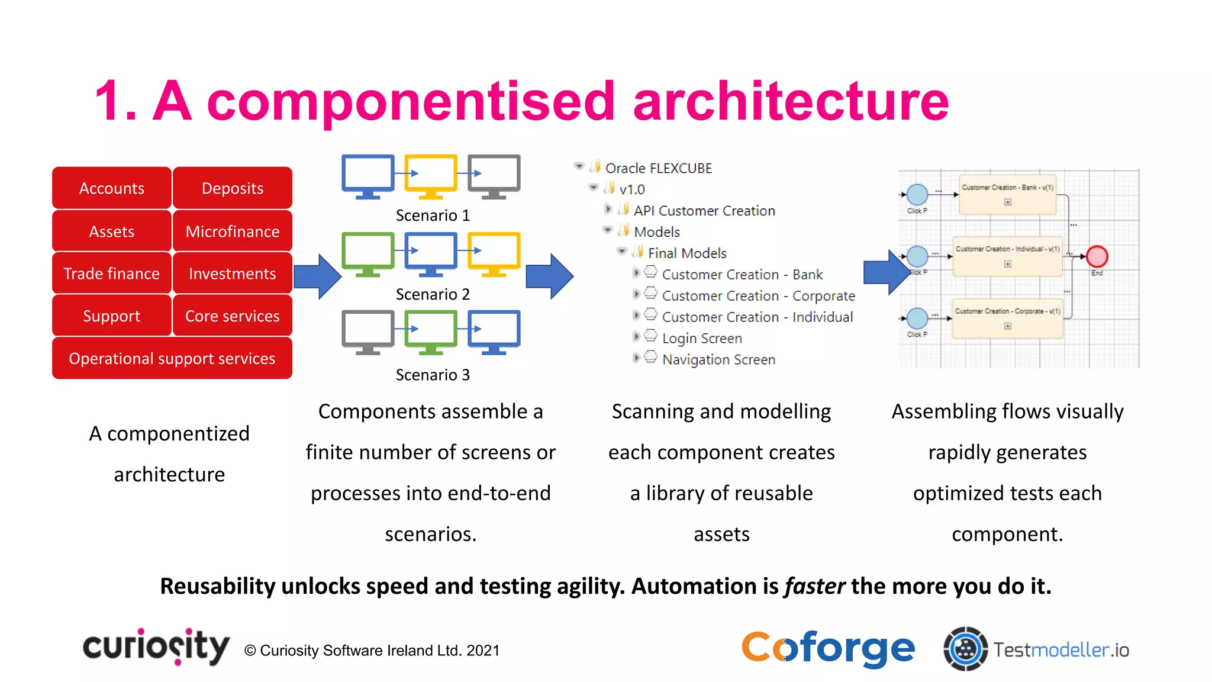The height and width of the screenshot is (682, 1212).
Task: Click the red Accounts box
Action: (112, 188)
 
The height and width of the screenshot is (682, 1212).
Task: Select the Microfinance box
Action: (233, 231)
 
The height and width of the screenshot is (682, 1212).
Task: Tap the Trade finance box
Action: (112, 274)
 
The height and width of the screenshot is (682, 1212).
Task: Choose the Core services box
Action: (233, 316)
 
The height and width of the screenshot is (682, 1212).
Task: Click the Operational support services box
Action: (172, 358)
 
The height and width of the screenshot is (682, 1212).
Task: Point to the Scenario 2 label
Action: (433, 294)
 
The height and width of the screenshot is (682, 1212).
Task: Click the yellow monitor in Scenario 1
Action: (431, 175)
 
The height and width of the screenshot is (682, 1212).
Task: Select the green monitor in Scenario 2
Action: (368, 253)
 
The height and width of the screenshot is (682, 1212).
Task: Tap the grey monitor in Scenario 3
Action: (368, 331)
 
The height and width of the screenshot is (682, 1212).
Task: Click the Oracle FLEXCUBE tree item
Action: (658, 168)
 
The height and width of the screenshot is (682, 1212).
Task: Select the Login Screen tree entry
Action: (701, 338)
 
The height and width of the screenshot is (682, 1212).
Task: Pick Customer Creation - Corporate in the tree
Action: (758, 295)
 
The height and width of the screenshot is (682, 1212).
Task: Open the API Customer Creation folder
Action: (704, 211)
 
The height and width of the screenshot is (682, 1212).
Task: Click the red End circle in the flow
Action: (1097, 256)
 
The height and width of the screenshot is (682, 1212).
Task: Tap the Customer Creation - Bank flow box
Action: (1007, 194)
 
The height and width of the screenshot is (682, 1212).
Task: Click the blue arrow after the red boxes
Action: (317, 276)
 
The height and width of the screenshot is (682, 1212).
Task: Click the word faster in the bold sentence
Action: (814, 586)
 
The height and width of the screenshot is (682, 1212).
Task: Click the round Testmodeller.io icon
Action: (965, 649)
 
